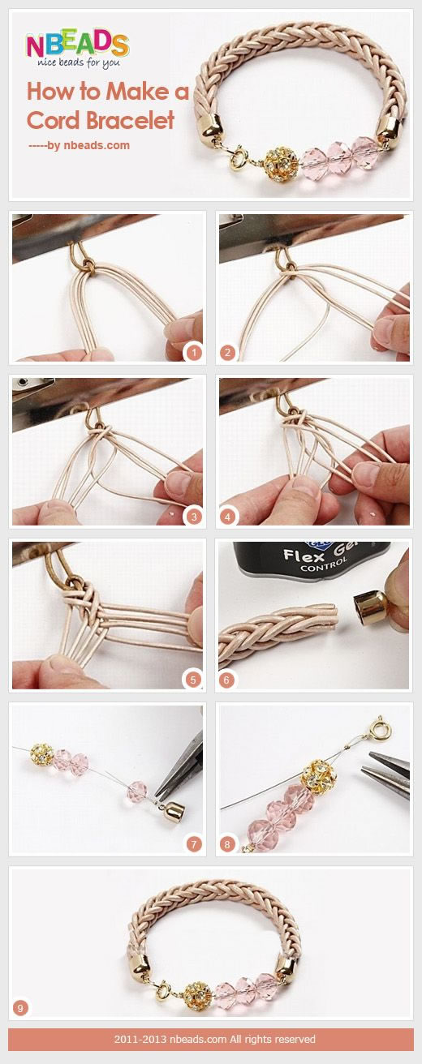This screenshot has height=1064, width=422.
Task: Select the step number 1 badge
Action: (193, 353)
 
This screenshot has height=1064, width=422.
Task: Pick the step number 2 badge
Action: (227, 353)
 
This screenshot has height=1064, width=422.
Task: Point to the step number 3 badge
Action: (193, 517)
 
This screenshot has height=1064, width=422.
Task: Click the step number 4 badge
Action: (227, 517)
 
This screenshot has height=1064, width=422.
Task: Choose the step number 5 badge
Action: (193, 680)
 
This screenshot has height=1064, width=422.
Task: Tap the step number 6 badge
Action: (226, 680)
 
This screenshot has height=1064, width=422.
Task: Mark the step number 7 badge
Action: (193, 843)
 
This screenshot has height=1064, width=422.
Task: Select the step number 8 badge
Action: (227, 843)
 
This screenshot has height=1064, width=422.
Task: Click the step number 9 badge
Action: (20, 1007)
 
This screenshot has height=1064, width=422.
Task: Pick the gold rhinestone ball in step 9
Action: (198, 993)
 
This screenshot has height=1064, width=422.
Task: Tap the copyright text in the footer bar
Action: (214, 1039)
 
